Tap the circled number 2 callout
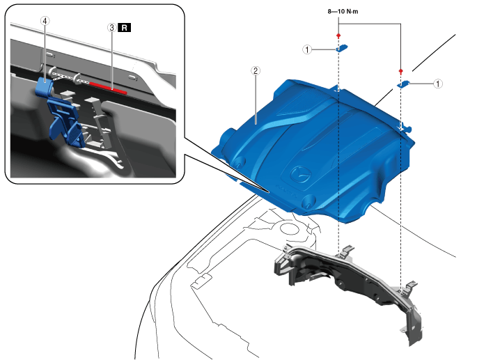256,70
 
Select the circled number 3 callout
111,27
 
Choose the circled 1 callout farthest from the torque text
438,83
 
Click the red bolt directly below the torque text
338,35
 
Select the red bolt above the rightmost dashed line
401,71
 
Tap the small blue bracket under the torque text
343,49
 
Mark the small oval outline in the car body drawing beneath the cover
286,228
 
